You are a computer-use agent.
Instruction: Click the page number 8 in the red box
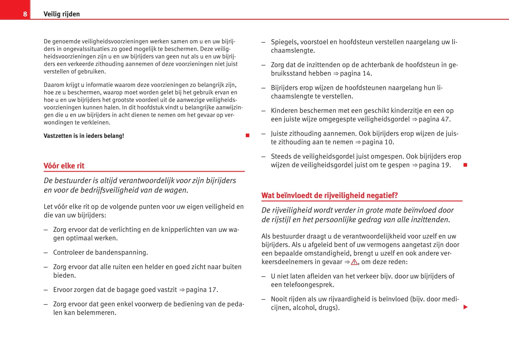point(25,14)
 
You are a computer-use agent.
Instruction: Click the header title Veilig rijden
point(62,14)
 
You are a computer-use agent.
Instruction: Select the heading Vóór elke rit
point(64,166)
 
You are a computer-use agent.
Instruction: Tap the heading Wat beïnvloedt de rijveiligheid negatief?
point(329,195)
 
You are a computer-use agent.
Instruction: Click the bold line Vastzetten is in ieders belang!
point(84,136)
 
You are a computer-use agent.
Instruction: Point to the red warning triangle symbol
point(354,262)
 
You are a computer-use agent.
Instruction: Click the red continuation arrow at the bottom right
point(466,307)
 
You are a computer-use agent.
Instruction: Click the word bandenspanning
point(121,253)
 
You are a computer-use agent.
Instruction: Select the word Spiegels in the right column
point(284,42)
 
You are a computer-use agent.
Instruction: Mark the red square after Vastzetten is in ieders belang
point(248,136)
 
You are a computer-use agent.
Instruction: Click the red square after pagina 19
point(465,165)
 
